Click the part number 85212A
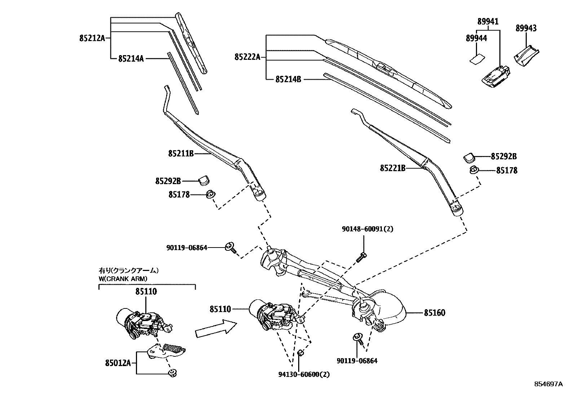92,38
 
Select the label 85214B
288,79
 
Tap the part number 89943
526,28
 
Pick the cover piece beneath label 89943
525,56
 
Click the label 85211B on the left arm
181,154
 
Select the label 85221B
393,168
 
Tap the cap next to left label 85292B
205,179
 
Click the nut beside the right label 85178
474,170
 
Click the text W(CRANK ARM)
123,279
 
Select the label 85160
434,313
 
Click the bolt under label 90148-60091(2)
361,258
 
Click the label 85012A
118,363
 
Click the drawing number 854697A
548,384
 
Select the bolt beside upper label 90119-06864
230,248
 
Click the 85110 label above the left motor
146,291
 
